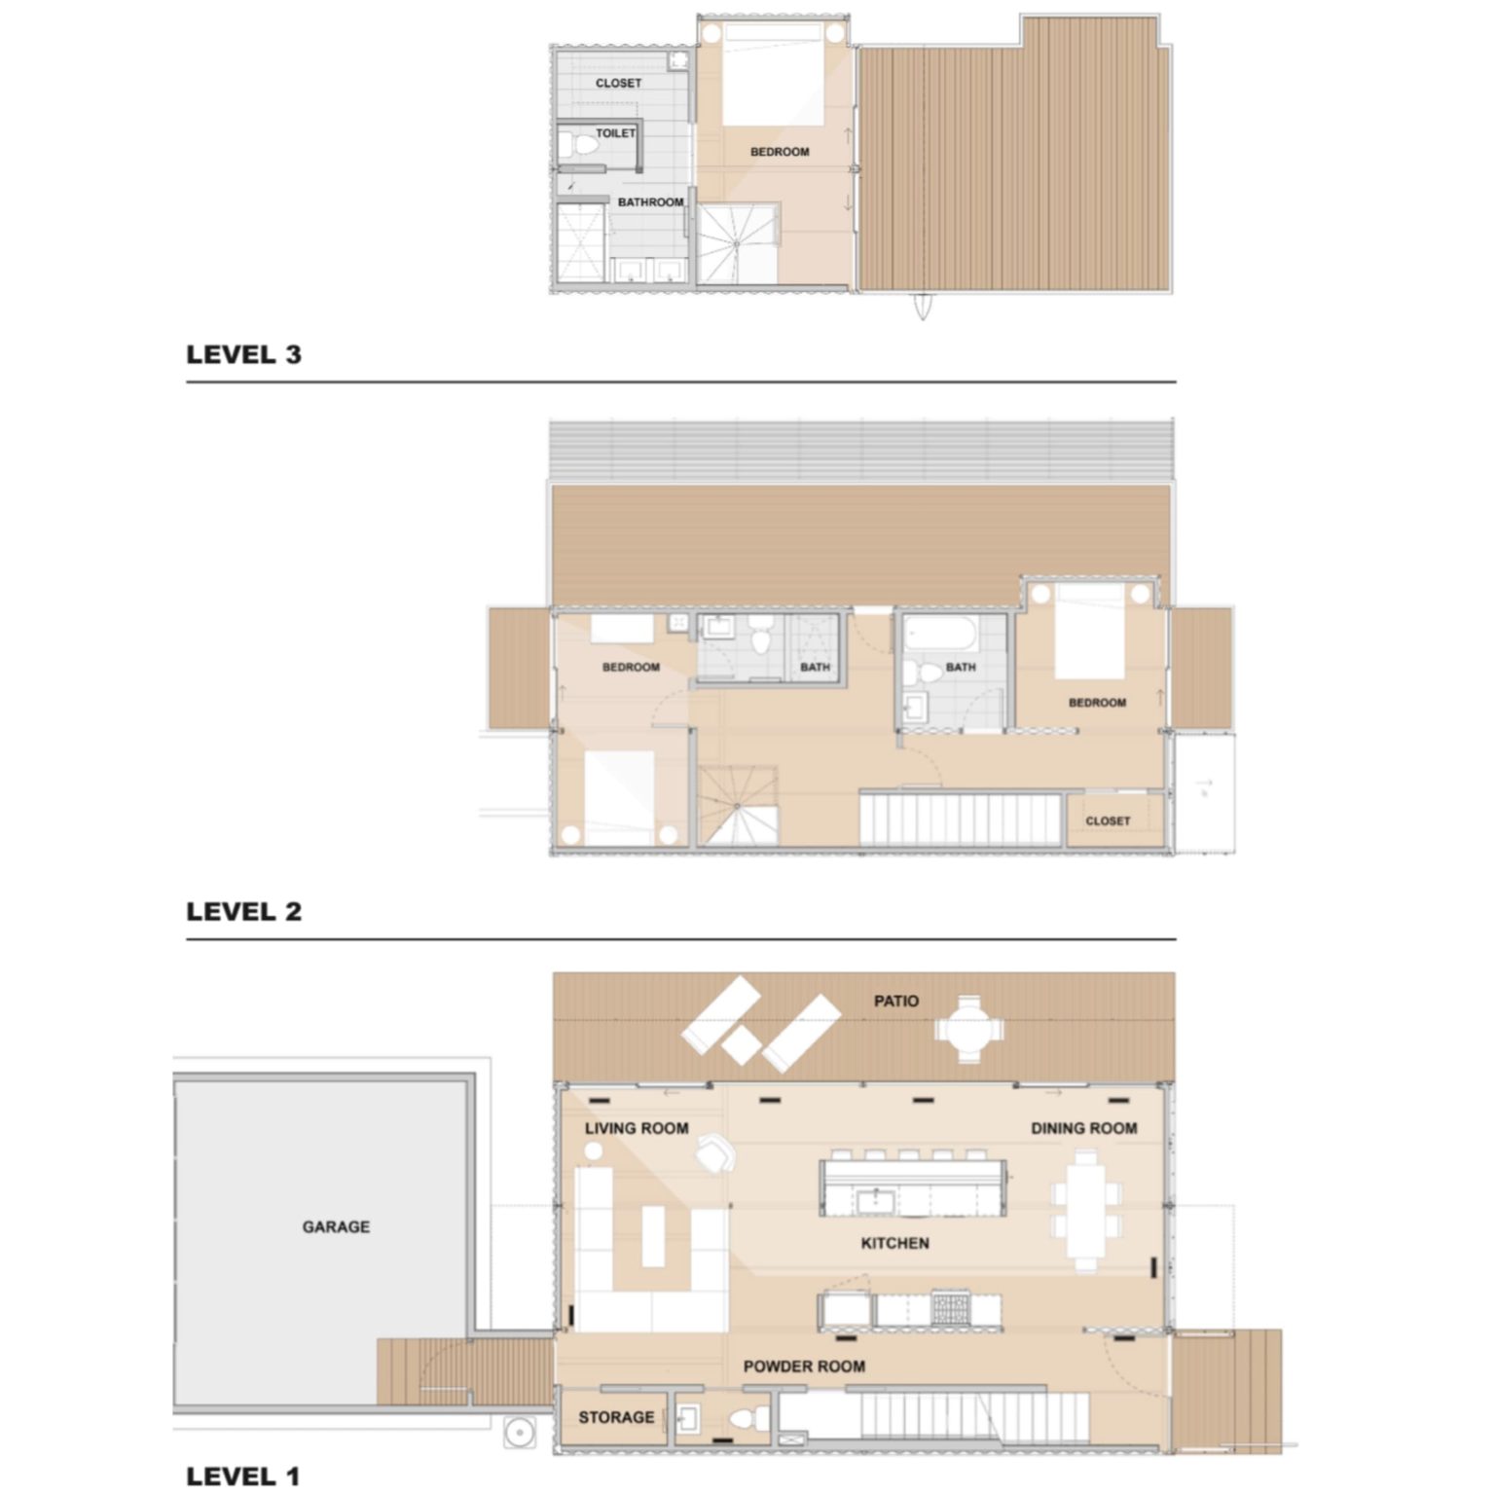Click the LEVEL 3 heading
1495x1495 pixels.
click(x=243, y=355)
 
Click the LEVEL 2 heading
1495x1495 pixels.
click(x=243, y=912)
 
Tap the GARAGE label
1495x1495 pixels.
click(x=336, y=1226)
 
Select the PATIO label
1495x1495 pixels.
click(x=895, y=1001)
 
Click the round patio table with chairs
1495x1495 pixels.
click(x=969, y=1028)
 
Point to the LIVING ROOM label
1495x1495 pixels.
click(x=637, y=1128)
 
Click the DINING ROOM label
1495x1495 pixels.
click(x=1083, y=1128)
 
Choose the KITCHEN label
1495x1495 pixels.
click(x=894, y=1243)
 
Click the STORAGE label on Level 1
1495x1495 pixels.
click(x=616, y=1417)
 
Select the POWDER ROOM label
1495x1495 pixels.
click(x=804, y=1367)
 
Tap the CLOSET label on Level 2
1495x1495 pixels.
click(x=1108, y=820)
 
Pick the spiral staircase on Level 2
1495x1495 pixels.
click(x=739, y=805)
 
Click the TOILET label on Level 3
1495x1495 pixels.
click(x=615, y=133)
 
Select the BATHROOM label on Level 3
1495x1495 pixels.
click(x=650, y=202)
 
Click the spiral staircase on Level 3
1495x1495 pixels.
click(x=737, y=242)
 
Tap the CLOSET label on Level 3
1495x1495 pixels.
click(x=618, y=84)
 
